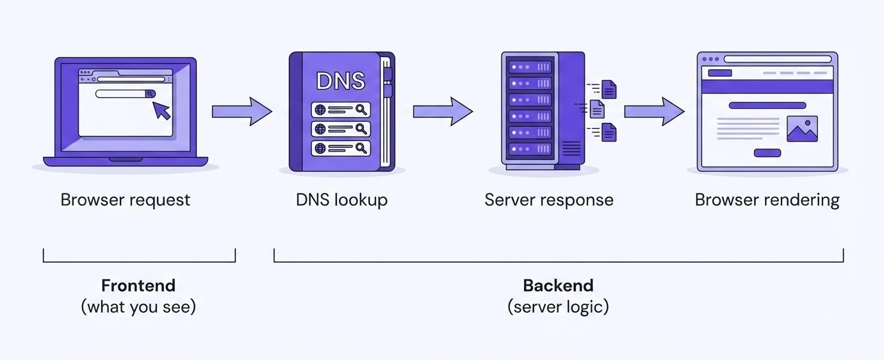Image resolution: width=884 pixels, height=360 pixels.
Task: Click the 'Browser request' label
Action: coord(126,200)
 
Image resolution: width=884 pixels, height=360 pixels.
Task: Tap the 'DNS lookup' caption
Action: coord(341,200)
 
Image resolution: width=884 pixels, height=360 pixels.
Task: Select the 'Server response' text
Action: coord(549,200)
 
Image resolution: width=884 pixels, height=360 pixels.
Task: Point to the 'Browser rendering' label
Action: coord(767,200)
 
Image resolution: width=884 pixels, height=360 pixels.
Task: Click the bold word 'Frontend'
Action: coord(138,285)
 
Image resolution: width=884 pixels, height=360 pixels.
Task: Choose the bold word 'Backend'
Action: coord(558,285)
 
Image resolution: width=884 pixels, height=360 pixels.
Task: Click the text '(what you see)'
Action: coord(138,307)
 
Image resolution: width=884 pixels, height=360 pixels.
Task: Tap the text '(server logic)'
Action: coord(558,307)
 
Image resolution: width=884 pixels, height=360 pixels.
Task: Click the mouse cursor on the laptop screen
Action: coord(161,110)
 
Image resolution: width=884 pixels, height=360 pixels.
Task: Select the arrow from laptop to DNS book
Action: coord(241,111)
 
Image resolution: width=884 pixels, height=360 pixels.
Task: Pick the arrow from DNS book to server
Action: coord(443,111)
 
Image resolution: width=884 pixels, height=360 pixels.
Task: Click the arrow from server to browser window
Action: coord(654,111)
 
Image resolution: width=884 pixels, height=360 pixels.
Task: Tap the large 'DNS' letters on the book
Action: coord(341,81)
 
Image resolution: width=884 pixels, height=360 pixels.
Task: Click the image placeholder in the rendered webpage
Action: coord(802,129)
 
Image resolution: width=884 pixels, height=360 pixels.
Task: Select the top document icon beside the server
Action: coord(609,89)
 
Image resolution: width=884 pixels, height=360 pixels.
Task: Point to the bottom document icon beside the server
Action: coord(609,132)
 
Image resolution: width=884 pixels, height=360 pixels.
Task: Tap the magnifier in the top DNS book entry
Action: coord(361,110)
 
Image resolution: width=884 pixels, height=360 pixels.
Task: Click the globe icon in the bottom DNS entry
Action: coord(320,148)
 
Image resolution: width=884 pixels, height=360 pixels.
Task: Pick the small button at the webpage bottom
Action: coord(767,152)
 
